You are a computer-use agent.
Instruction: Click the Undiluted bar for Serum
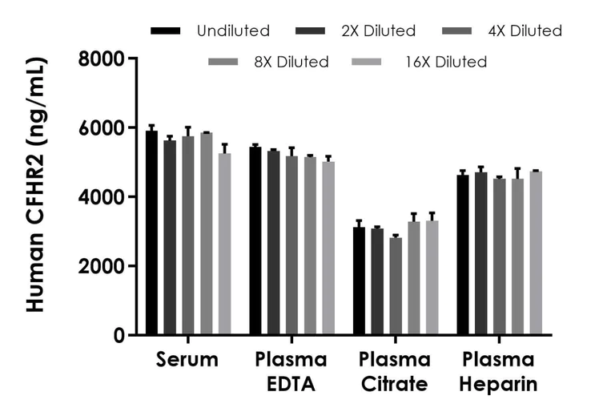[151, 232]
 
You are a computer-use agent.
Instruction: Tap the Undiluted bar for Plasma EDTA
[255, 240]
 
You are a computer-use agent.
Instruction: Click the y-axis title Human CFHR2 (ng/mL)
[37, 184]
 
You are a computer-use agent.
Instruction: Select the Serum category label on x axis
[187, 360]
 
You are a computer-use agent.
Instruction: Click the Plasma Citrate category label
[395, 372]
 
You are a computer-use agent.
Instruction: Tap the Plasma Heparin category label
[499, 372]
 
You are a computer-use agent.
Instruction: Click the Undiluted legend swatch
[165, 31]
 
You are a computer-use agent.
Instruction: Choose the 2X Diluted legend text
[378, 31]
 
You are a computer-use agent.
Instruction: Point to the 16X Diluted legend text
[445, 62]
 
